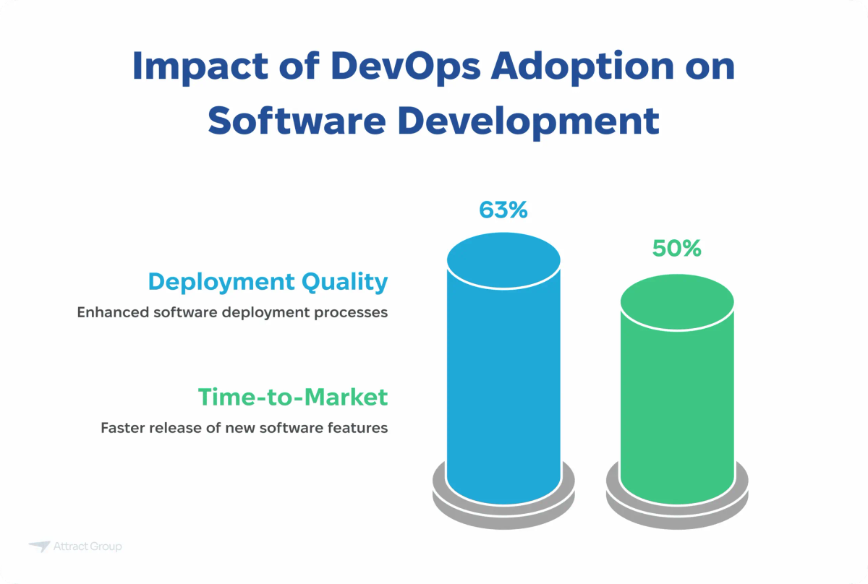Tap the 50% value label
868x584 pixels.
coord(676,248)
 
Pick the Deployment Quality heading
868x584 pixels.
coord(268,282)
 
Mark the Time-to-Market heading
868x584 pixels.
coord(293,397)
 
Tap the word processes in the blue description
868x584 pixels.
coord(357,313)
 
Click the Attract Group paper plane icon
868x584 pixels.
coord(39,546)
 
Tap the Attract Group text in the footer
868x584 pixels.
coord(88,546)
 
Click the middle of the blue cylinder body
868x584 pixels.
coord(503,376)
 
